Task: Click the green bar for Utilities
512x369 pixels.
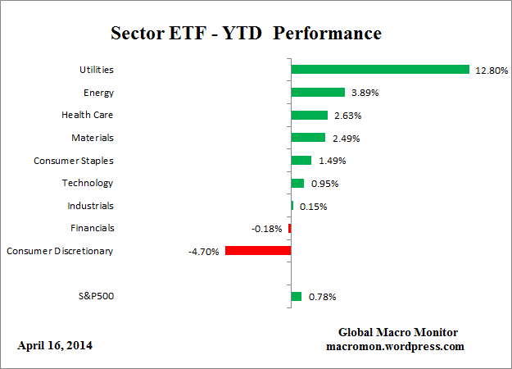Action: pos(380,70)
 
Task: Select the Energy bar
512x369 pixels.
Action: pos(318,93)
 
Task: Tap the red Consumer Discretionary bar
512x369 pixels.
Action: pos(258,251)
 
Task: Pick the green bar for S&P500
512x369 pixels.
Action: pos(297,296)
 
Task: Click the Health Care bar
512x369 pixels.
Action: pos(310,116)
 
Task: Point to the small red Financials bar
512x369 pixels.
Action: pos(289,228)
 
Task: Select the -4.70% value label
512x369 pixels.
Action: pos(204,252)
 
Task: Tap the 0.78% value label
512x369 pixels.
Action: pos(320,297)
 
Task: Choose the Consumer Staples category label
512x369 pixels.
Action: pos(73,161)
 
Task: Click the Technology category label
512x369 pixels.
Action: pos(88,183)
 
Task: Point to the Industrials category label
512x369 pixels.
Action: pos(90,206)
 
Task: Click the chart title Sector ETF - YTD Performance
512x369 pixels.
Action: pos(246,34)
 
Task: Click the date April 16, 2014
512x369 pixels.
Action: pos(55,346)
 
